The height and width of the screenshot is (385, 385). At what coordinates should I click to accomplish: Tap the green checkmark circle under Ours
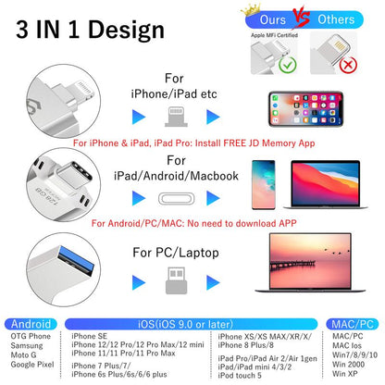pyautogui.click(x=262, y=67)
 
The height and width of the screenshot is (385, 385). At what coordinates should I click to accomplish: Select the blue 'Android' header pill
pyautogui.click(x=31, y=324)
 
